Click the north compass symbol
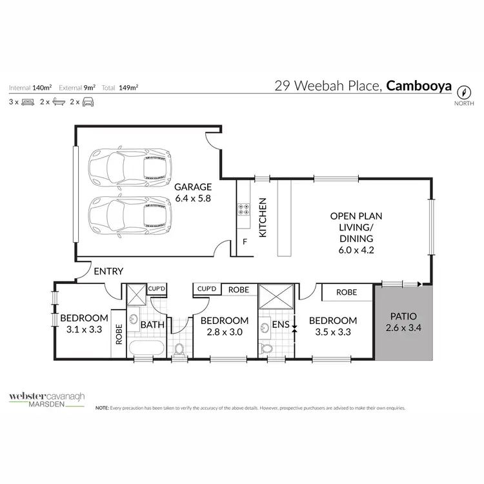pyautogui.click(x=463, y=91)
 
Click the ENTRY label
pyautogui.click(x=108, y=271)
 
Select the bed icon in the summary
pyautogui.click(x=27, y=102)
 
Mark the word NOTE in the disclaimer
pyautogui.click(x=102, y=408)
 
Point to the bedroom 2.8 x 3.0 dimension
pyautogui.click(x=224, y=333)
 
